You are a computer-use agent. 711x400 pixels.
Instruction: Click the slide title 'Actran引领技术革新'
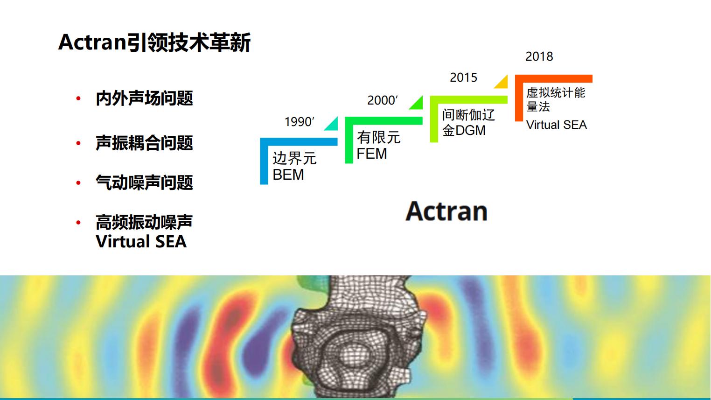154,42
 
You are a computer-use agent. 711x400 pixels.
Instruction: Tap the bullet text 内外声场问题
145,98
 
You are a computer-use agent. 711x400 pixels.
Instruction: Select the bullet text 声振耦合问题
145,143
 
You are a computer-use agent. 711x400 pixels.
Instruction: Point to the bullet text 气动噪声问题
145,182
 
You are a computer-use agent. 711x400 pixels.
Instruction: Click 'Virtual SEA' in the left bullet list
141,242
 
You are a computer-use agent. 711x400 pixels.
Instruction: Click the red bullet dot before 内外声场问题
78,98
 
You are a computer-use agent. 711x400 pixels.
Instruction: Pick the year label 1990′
300,122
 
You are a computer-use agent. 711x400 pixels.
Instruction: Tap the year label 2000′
383,100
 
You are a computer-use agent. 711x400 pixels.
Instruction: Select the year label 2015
463,77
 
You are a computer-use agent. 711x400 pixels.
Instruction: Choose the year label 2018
539,56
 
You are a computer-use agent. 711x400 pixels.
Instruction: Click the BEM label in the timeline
288,175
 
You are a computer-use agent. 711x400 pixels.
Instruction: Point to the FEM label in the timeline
372,154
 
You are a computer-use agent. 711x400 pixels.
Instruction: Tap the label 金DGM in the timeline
464,131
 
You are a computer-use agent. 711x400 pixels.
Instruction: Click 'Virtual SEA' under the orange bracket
557,125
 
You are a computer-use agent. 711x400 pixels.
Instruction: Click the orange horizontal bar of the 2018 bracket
554,78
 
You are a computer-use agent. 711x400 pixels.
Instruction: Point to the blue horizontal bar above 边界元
299,141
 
